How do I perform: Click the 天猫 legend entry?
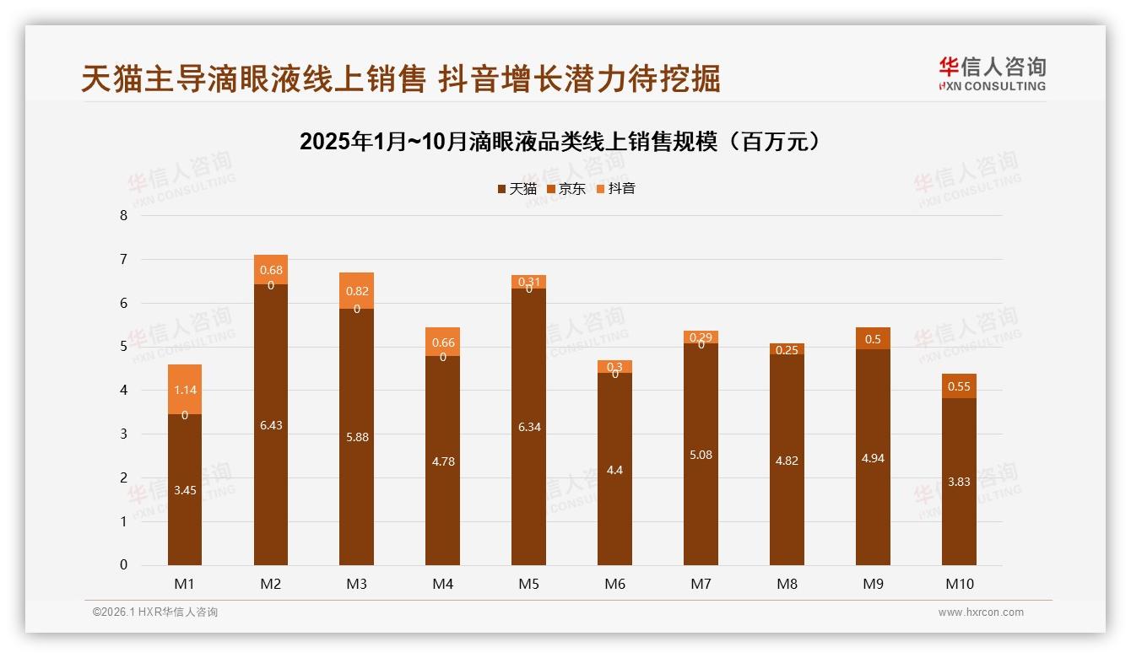pyautogui.click(x=517, y=188)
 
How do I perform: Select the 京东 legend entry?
pyautogui.click(x=566, y=188)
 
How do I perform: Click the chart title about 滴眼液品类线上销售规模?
pyautogui.click(x=560, y=141)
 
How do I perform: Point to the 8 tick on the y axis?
pyautogui.click(x=123, y=215)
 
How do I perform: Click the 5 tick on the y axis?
pyautogui.click(x=123, y=347)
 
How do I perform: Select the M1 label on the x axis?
pyautogui.click(x=184, y=584)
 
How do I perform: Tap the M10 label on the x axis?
pyautogui.click(x=959, y=584)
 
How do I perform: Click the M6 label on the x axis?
pyautogui.click(x=614, y=584)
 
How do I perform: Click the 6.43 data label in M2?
pyautogui.click(x=271, y=425)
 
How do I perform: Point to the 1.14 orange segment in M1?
pyautogui.click(x=185, y=390)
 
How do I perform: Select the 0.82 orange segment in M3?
pyautogui.click(x=357, y=291)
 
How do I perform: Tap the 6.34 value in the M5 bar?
pyautogui.click(x=528, y=427)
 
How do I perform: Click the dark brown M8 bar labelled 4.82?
pyautogui.click(x=787, y=461)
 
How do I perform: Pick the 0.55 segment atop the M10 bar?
pyautogui.click(x=959, y=386)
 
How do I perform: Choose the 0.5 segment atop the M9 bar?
pyautogui.click(x=873, y=338)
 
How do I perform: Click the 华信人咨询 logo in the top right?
pyautogui.click(x=992, y=73)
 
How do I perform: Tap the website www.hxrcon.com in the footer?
pyautogui.click(x=981, y=612)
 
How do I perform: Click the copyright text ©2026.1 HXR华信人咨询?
pyautogui.click(x=154, y=612)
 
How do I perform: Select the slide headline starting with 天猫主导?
pyautogui.click(x=400, y=78)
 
